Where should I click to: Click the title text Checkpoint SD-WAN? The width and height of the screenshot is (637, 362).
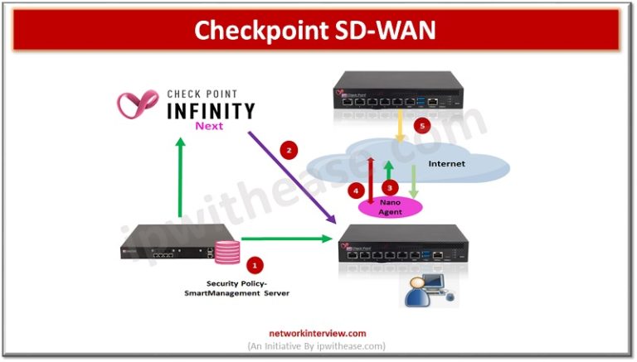point(318,30)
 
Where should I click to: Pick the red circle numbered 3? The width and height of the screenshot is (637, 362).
point(388,187)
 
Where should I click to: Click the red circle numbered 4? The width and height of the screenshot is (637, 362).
point(357,191)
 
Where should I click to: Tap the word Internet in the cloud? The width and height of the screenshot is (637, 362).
point(447,164)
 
